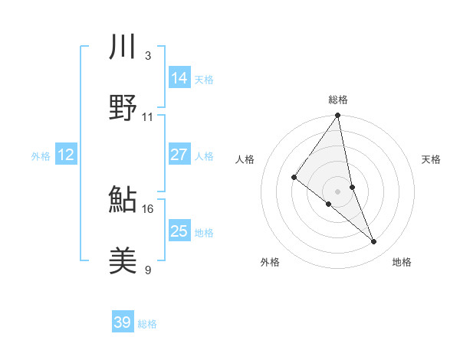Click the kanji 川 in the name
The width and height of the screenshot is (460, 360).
[123, 47]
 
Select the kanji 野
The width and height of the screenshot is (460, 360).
[123, 108]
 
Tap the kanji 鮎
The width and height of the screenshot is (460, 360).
[123, 200]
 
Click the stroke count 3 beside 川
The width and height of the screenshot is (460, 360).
[147, 55]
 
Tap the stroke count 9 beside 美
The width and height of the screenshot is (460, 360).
[147, 270]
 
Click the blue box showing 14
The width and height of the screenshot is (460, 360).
[179, 77]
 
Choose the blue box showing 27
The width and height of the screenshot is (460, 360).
[179, 155]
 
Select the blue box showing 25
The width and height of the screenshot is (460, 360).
[179, 231]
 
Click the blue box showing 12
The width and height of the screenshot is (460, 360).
[66, 155]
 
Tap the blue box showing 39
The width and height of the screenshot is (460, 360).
[123, 322]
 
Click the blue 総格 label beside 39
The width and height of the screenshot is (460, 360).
[147, 324]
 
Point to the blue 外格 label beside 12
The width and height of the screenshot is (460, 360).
[41, 156]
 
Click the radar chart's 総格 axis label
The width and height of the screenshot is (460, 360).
[338, 100]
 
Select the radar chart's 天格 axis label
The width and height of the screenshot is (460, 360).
[432, 159]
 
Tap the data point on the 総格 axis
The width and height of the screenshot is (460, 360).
[338, 116]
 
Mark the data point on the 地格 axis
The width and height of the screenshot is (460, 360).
[374, 242]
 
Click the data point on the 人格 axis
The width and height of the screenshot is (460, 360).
[294, 178]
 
